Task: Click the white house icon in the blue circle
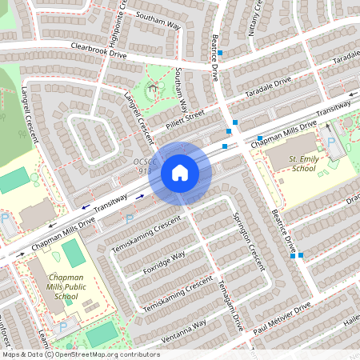(179, 172)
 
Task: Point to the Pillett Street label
(186, 118)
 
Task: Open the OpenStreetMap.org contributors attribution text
(104, 354)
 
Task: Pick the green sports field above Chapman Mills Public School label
(73, 253)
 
